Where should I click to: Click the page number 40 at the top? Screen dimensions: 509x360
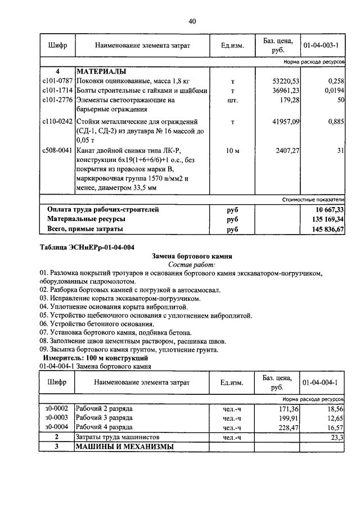pyautogui.click(x=192, y=21)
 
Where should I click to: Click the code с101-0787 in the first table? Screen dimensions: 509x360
pyautogui.click(x=57, y=82)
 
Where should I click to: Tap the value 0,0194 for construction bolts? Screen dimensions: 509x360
pyautogui.click(x=333, y=90)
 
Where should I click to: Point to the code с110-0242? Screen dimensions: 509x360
pyautogui.click(x=57, y=121)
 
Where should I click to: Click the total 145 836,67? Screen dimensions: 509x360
pyautogui.click(x=326, y=229)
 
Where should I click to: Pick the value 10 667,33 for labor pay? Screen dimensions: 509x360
pyautogui.click(x=327, y=210)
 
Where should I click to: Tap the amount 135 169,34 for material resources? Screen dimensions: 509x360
pyautogui.click(x=326, y=219)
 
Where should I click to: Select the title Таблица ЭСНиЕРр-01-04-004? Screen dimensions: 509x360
pyautogui.click(x=87, y=247)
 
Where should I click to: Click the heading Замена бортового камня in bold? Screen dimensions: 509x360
pyautogui.click(x=192, y=256)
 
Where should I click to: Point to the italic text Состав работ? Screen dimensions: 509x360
pyautogui.click(x=192, y=264)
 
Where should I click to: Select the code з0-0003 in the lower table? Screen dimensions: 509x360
pyautogui.click(x=57, y=418)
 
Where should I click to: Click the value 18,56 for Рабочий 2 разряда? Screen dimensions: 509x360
pyautogui.click(x=334, y=408)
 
